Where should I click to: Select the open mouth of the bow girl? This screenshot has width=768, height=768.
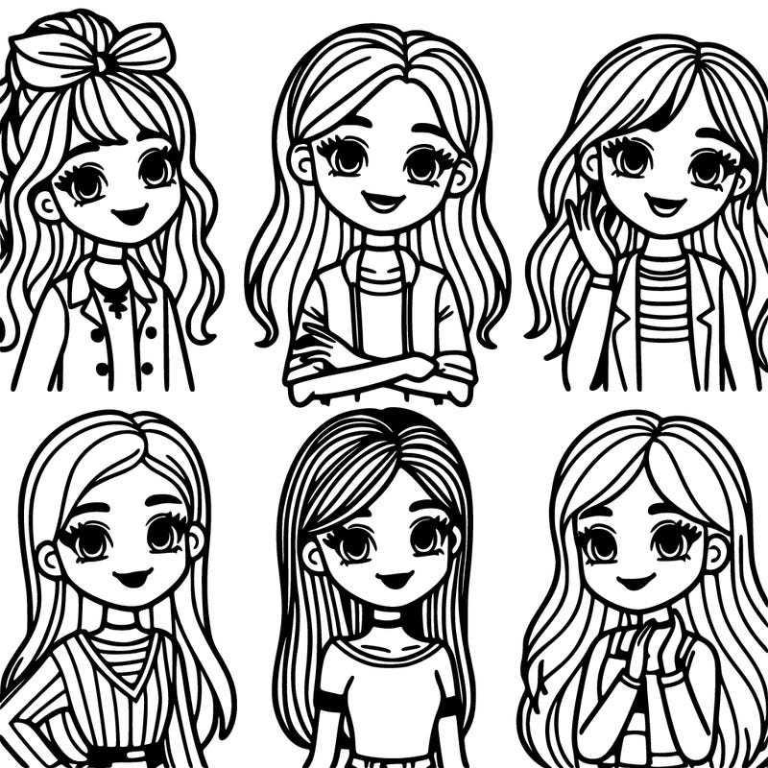click(127, 213)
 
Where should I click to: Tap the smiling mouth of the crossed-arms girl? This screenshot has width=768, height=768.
click(383, 203)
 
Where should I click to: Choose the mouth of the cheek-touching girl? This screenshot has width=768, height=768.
click(662, 204)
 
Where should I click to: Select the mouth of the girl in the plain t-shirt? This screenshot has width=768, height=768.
click(394, 579)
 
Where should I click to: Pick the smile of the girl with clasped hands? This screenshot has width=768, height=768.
click(636, 581)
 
